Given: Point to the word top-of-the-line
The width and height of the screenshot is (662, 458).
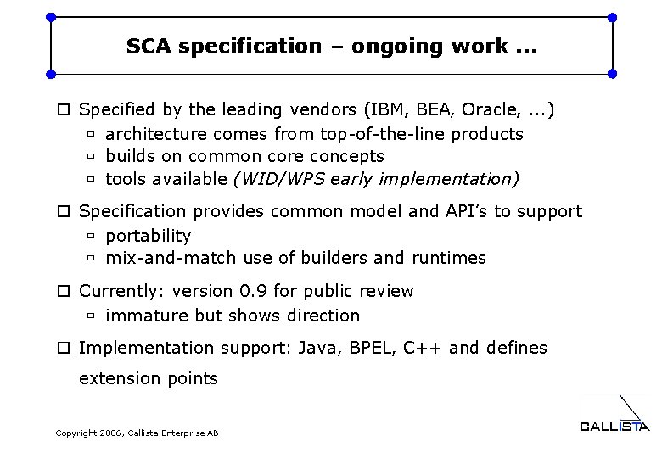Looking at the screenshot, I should tap(382, 134).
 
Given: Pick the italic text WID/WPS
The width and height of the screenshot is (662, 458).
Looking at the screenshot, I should tap(278, 179).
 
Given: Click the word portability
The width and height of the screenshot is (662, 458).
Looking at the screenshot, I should tap(148, 236).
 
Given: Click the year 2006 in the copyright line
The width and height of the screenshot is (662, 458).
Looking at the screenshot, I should tap(110, 433).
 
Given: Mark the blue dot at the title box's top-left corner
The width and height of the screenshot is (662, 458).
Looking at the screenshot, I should tap(51, 17).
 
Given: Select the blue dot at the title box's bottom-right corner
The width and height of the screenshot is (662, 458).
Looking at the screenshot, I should tap(613, 73).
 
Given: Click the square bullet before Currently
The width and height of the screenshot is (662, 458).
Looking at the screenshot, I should tap(64, 292).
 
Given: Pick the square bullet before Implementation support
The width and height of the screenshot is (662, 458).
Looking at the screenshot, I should tap(64, 349).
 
